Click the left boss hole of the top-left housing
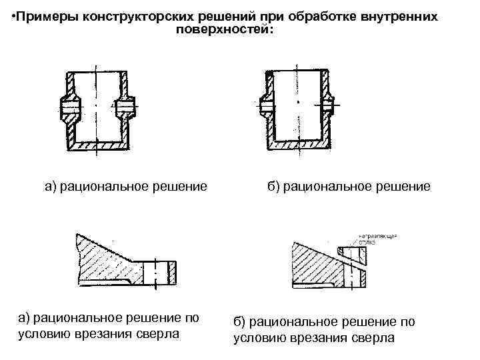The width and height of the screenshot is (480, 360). coord(69,107)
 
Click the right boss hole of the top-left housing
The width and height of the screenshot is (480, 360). coord(124,107)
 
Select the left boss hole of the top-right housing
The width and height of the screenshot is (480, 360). coord(266,105)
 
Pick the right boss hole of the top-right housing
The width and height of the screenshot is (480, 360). coord(329,105)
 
